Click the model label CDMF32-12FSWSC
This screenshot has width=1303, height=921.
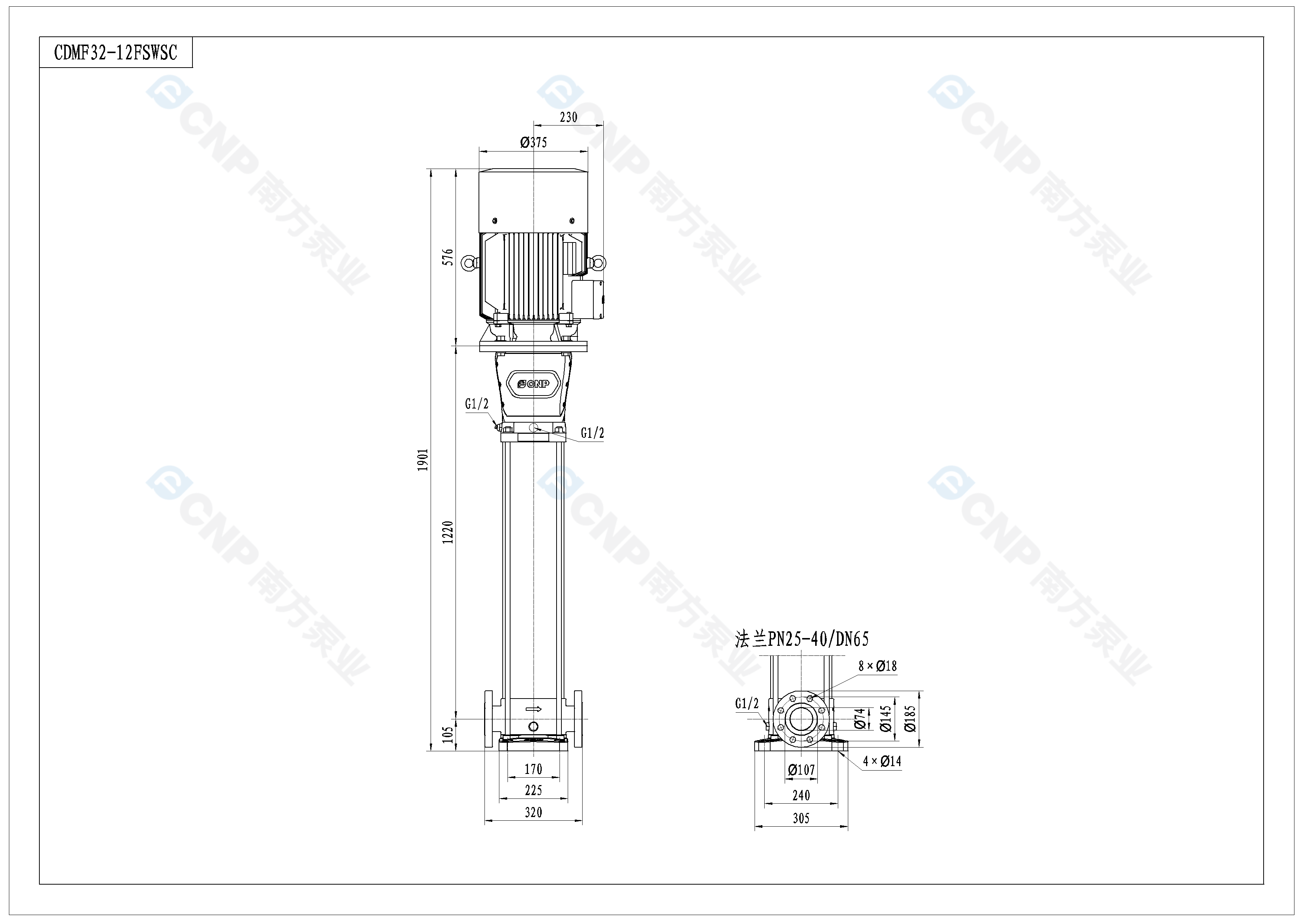click(x=116, y=53)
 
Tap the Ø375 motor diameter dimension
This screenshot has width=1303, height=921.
click(x=534, y=142)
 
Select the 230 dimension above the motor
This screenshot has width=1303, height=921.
click(x=568, y=117)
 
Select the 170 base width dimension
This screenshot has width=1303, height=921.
click(x=534, y=769)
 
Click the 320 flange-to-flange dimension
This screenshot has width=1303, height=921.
click(x=534, y=812)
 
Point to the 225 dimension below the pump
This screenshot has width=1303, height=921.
click(x=534, y=790)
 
